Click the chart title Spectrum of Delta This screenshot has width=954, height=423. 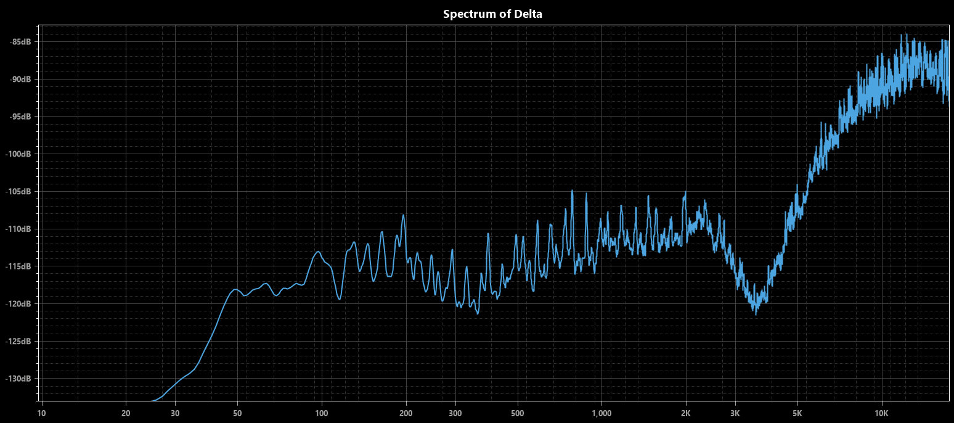(492, 14)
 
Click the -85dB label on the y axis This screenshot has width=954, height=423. (20, 42)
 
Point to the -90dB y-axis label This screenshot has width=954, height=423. (20, 80)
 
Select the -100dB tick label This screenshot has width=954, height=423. (19, 154)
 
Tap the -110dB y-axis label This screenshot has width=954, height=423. (19, 229)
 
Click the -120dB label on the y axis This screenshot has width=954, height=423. (19, 304)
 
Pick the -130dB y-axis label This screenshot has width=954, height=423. (19, 379)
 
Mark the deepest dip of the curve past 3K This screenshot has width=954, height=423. (756, 314)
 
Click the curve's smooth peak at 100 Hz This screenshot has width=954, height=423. (319, 252)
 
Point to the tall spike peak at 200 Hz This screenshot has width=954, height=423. (404, 215)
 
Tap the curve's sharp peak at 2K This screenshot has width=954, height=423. (685, 192)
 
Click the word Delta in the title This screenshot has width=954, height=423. (528, 14)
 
